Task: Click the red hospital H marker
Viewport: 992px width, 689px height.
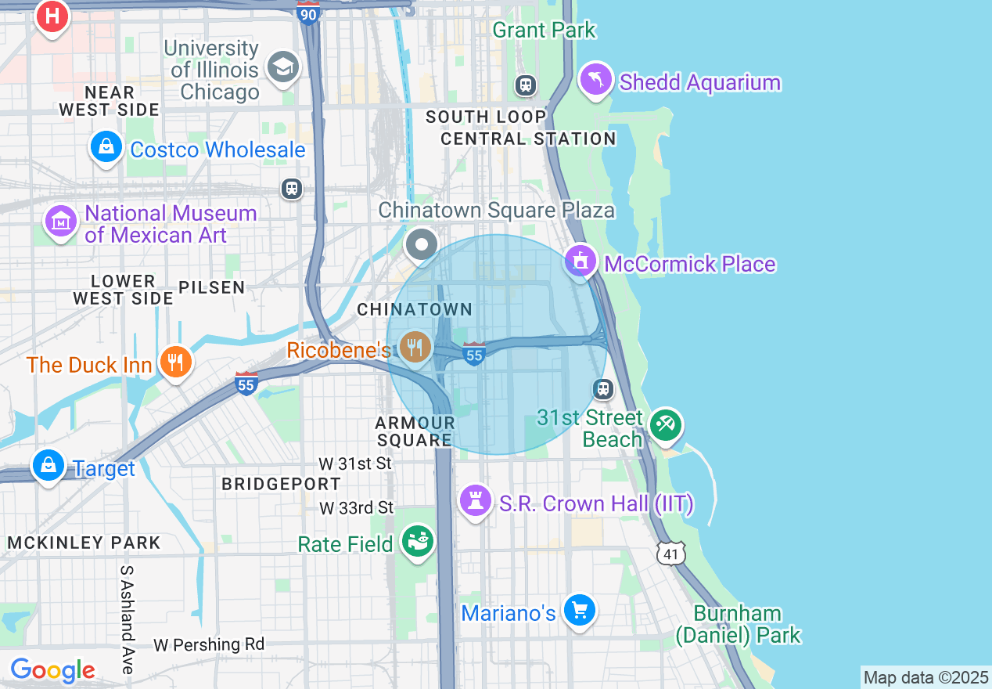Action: pyautogui.click(x=52, y=16)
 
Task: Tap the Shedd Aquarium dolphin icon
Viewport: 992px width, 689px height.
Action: pyautogui.click(x=596, y=79)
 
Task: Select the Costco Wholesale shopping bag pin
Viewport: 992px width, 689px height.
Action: pyautogui.click(x=106, y=146)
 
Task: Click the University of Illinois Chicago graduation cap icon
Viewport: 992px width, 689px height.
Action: pyautogui.click(x=282, y=67)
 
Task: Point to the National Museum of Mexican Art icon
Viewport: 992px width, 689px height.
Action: pyautogui.click(x=61, y=222)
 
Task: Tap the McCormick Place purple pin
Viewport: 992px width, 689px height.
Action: pyautogui.click(x=580, y=261)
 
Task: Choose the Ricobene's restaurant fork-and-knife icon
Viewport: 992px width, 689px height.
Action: pyautogui.click(x=414, y=346)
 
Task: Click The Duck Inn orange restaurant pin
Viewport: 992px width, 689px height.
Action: pyautogui.click(x=175, y=362)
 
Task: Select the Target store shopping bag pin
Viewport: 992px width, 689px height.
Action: pyautogui.click(x=49, y=466)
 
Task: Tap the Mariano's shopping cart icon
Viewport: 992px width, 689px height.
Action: pyautogui.click(x=579, y=610)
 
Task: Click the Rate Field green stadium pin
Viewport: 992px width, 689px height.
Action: pyautogui.click(x=417, y=540)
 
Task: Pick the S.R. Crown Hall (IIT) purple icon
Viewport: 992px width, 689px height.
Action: pyautogui.click(x=475, y=500)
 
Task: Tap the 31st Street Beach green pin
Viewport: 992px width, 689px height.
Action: pyautogui.click(x=666, y=425)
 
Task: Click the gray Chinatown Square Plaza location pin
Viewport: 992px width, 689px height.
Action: pyautogui.click(x=422, y=245)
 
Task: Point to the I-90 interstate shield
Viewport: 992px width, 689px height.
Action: pyautogui.click(x=309, y=13)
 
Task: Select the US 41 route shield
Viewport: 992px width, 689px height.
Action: pyautogui.click(x=670, y=554)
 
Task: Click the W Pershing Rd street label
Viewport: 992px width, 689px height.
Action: pyautogui.click(x=209, y=644)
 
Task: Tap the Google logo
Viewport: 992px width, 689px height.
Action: pyautogui.click(x=52, y=670)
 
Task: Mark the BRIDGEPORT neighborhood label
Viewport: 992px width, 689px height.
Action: pyautogui.click(x=281, y=484)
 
